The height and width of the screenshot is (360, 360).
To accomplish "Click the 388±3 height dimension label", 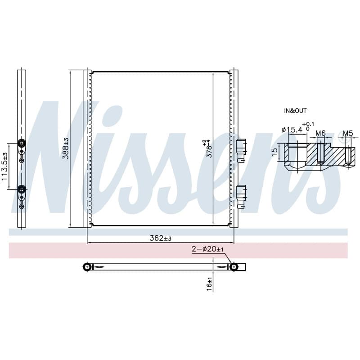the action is click(x=66, y=148).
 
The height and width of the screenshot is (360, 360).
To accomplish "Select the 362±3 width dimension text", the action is click(x=161, y=238).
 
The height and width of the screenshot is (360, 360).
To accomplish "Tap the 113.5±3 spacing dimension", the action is click(x=4, y=166).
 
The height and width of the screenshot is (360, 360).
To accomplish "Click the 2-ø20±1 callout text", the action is click(x=207, y=249).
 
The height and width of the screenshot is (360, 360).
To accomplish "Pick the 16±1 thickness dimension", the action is click(x=209, y=284).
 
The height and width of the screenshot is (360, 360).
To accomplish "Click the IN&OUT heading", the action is click(x=295, y=111).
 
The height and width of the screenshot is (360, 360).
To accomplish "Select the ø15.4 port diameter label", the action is click(x=292, y=130).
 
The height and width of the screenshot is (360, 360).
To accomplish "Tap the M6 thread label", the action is click(x=320, y=133).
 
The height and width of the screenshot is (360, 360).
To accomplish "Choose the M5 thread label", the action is click(x=348, y=133).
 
